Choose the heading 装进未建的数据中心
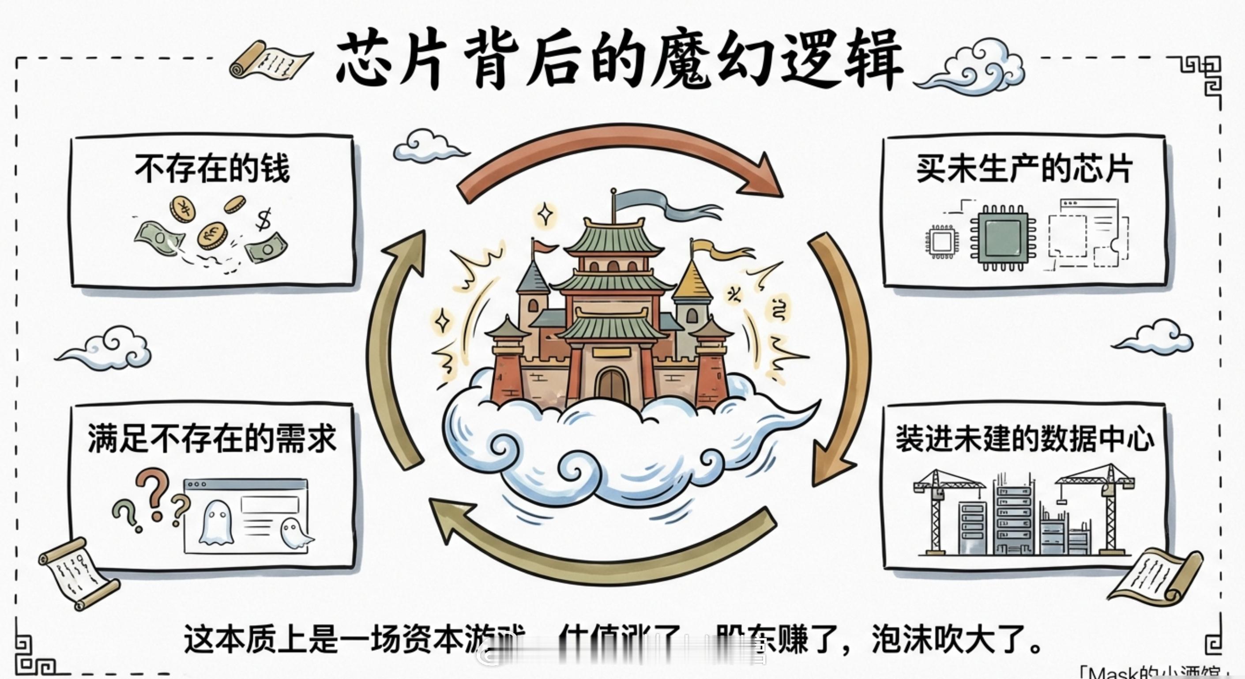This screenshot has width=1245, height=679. [1025, 439]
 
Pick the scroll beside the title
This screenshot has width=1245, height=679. [271, 60]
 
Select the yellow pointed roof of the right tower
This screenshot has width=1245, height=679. [692, 280]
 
